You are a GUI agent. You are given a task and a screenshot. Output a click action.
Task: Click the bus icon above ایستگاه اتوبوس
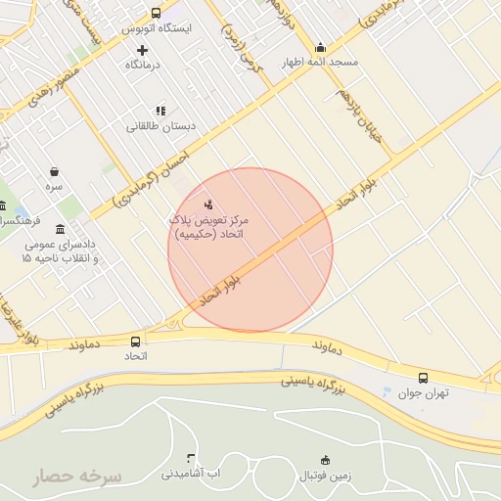pyautogui.click(x=156, y=13)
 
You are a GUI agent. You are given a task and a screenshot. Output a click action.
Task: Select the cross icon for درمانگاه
pyautogui.click(x=143, y=50)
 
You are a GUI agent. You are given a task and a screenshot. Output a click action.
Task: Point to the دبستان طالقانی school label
pyautogui.click(x=160, y=126)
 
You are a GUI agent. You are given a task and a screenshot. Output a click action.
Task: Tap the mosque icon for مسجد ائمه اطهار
pyautogui.click(x=321, y=47)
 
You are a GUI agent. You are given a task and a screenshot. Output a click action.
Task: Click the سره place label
pyautogui.click(x=53, y=185)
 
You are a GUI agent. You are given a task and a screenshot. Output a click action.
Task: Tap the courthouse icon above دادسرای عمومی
pyautogui.click(x=61, y=229)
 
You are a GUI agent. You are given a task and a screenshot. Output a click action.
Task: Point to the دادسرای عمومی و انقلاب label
pyautogui.click(x=60, y=251)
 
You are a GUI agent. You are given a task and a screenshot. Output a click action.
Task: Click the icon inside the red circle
pyautogui.click(x=206, y=205)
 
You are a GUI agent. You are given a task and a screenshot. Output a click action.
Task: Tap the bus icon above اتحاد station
pyautogui.click(x=135, y=342)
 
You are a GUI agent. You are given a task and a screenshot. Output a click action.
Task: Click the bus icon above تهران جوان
pyautogui.click(x=423, y=378)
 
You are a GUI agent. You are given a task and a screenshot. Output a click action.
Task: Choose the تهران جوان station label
pyautogui.click(x=422, y=393)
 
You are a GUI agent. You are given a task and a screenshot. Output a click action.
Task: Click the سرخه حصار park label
pyautogui.click(x=77, y=478)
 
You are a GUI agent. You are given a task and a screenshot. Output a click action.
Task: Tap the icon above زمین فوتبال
pyautogui.click(x=325, y=460)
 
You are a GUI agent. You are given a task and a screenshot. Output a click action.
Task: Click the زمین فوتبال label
pyautogui.click(x=325, y=474)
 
